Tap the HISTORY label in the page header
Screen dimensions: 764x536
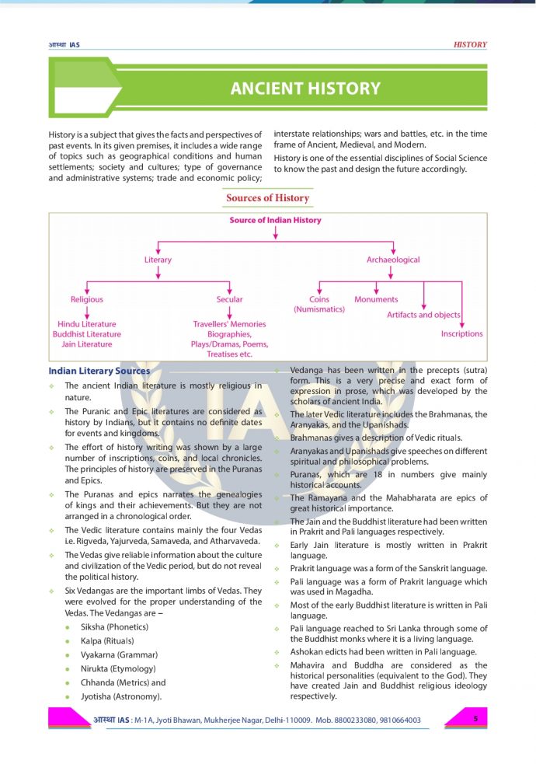coord(470,45)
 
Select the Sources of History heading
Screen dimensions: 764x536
coord(267,198)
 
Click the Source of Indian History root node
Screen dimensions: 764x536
coord(275,220)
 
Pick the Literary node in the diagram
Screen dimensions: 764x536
coord(158,260)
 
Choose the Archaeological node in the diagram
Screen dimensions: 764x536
coord(393,260)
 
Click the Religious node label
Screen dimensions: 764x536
coord(87,299)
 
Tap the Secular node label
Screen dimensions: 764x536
coord(229,299)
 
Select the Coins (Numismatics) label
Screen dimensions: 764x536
coord(319,304)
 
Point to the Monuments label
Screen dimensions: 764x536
coord(376,299)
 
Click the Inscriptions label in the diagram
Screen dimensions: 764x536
coord(461,333)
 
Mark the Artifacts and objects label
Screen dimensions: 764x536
coord(423,315)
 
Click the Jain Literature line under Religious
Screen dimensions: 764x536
coord(86,344)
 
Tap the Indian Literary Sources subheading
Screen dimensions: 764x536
coord(99,371)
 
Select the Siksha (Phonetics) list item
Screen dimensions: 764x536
coord(114,626)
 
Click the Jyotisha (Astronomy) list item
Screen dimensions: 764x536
coord(121,696)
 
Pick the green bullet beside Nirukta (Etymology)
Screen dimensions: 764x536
coord(69,668)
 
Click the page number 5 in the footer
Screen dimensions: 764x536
coord(475,719)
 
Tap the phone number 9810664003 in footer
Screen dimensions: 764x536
coord(397,720)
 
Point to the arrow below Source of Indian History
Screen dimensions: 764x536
coord(275,232)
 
